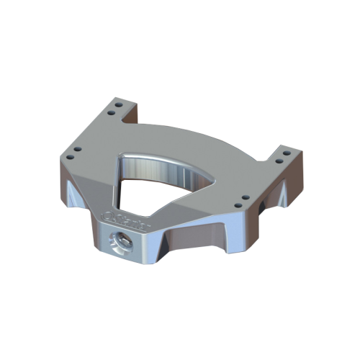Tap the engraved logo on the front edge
[127, 218]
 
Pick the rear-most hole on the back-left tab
[118, 105]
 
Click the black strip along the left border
[22, 180]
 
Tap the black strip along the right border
[338, 180]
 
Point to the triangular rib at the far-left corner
[74, 197]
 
